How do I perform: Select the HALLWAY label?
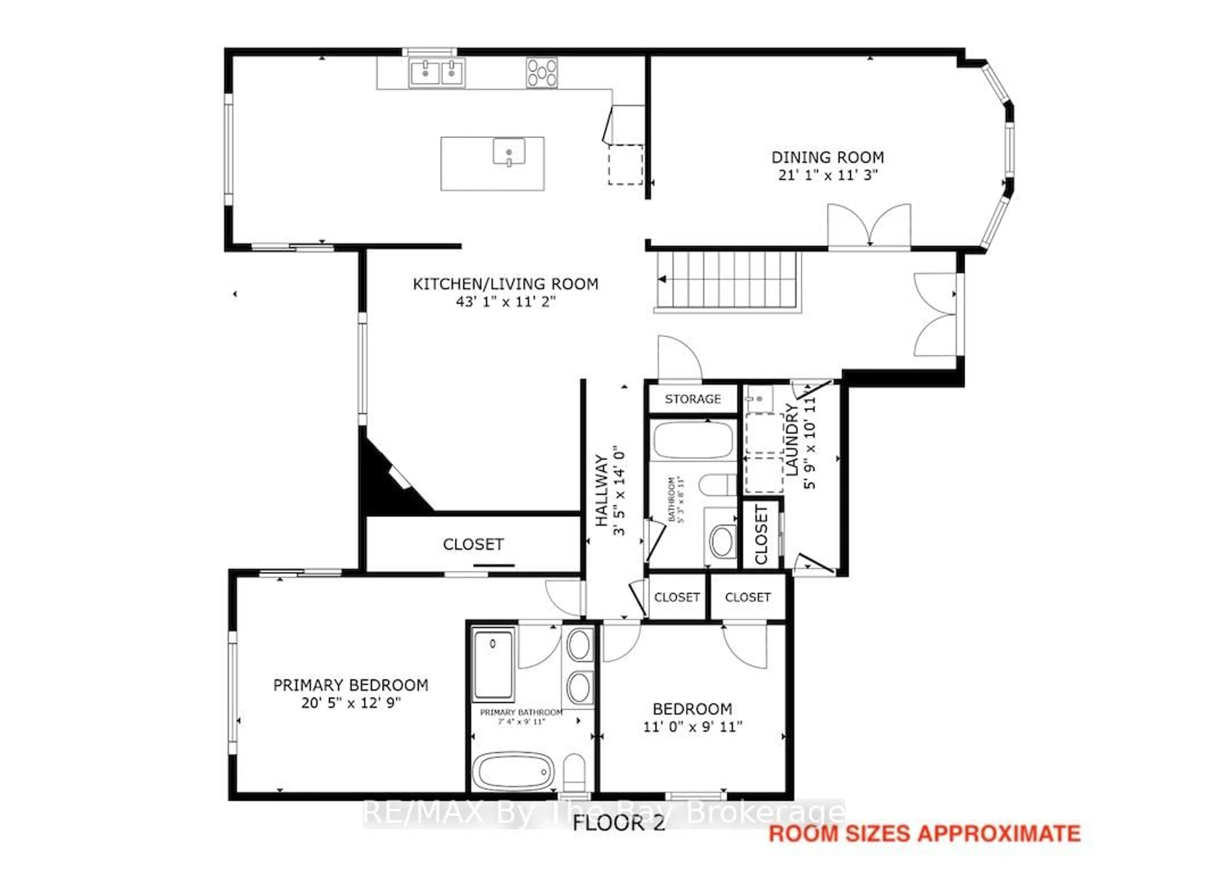pyautogui.click(x=602, y=490)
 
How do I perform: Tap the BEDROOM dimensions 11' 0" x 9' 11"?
pyautogui.click(x=692, y=727)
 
